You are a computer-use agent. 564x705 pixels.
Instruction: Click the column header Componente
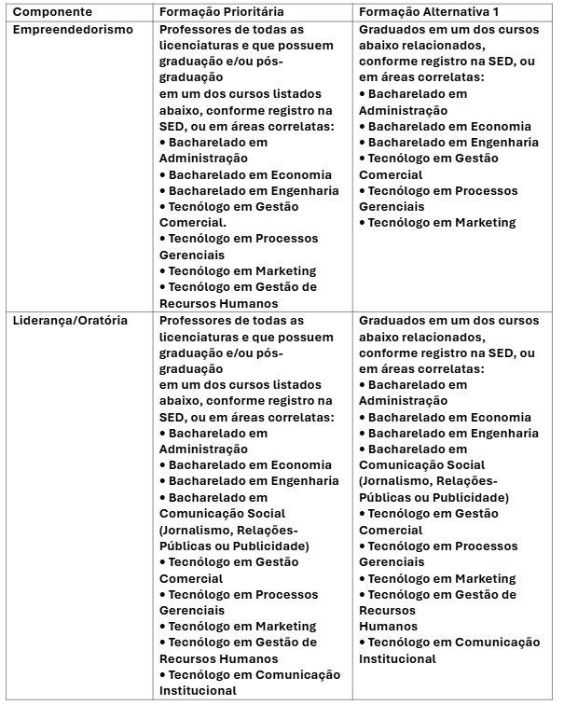pyautogui.click(x=52, y=12)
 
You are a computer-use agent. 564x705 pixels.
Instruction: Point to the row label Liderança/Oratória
pyautogui.click(x=70, y=321)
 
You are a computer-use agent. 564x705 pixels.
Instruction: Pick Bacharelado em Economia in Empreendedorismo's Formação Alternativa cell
pyautogui.click(x=449, y=126)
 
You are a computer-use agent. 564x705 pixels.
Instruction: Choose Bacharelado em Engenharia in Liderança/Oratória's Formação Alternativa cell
pyautogui.click(x=453, y=433)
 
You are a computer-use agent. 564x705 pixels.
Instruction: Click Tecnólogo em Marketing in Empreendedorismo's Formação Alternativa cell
pyautogui.click(x=442, y=223)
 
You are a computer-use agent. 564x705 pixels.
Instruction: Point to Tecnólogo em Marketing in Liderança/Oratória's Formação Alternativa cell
pyautogui.click(x=442, y=578)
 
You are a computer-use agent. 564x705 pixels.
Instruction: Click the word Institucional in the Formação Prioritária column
pyautogui.click(x=198, y=691)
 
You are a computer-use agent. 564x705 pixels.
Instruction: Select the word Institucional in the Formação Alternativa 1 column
pyautogui.click(x=397, y=658)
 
